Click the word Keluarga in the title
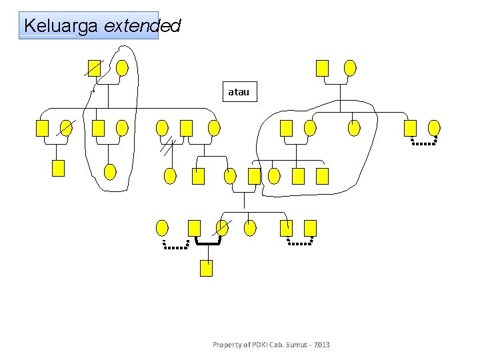click(61, 26)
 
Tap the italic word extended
click(143, 26)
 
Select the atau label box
click(239, 92)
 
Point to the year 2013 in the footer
click(320, 345)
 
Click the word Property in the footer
click(227, 345)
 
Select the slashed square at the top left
click(95, 68)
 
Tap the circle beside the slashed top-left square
click(122, 68)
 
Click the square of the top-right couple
click(323, 68)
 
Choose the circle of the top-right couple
click(350, 68)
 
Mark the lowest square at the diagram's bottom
click(207, 268)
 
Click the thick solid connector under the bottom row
click(207, 243)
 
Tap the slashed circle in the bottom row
click(222, 228)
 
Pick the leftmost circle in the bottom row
click(162, 228)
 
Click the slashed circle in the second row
click(67, 128)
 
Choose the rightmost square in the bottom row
click(310, 228)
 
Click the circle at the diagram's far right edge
click(434, 128)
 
